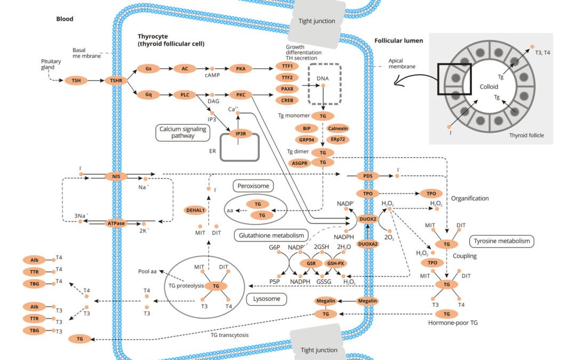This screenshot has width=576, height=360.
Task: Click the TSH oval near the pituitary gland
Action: coord(76,81)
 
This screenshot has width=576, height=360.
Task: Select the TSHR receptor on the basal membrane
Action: coord(116,81)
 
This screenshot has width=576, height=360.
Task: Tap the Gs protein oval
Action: coord(149,69)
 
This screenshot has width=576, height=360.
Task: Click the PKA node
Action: coord(241,69)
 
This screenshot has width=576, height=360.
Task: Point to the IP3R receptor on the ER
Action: coord(240,133)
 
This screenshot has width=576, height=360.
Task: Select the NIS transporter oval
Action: coord(116,175)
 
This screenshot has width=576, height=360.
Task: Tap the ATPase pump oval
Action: coord(116,223)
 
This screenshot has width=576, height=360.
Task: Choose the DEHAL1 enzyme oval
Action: coord(195,210)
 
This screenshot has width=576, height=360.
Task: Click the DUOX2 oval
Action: coord(368,219)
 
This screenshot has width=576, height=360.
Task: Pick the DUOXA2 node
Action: coord(368,244)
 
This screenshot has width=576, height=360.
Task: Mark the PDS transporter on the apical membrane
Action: coord(367,175)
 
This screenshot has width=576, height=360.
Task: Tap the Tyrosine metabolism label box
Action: coord(502,241)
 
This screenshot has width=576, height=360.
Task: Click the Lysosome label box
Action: coord(267,299)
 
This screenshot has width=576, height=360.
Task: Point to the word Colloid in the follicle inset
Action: coord(489,86)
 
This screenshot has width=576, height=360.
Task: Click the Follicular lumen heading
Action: coord(399,41)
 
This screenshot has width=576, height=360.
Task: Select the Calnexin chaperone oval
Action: coord(338,129)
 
